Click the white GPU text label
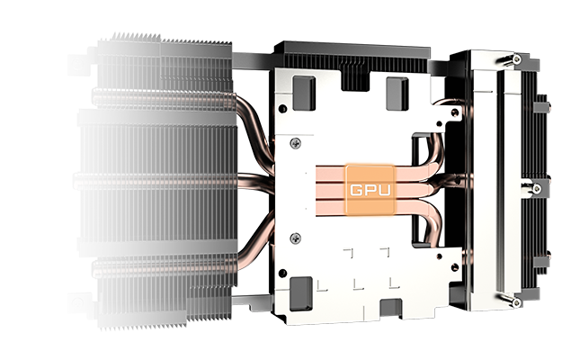370,190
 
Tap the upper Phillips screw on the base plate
295,143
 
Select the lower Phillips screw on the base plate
295,238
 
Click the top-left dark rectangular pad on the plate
304,93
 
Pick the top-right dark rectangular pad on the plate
397,94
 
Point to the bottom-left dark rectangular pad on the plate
300,293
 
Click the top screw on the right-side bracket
516,58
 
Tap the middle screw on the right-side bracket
537,189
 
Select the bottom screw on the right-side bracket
516,302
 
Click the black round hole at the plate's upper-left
282,108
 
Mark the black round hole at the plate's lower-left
282,274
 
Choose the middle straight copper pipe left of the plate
254,182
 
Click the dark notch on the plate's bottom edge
391,309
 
